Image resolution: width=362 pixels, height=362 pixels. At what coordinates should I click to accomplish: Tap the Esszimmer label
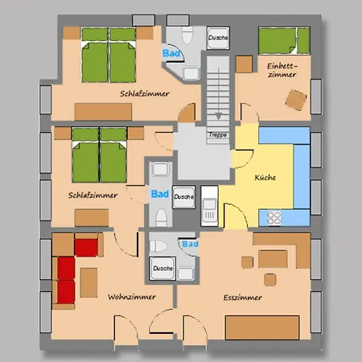pos(242,298)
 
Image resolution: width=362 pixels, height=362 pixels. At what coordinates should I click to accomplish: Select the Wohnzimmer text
pos(131,297)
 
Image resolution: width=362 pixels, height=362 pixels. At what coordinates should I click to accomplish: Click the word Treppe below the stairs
pos(217,135)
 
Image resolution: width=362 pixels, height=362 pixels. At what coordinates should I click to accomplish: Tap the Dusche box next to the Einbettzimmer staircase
pos(216,37)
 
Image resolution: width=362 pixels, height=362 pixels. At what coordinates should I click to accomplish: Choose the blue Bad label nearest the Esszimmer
pos(190,244)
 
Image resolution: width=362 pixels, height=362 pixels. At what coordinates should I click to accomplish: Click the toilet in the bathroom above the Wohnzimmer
pos(159,216)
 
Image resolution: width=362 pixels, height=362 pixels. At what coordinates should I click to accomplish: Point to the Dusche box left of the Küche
pos(183,195)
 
